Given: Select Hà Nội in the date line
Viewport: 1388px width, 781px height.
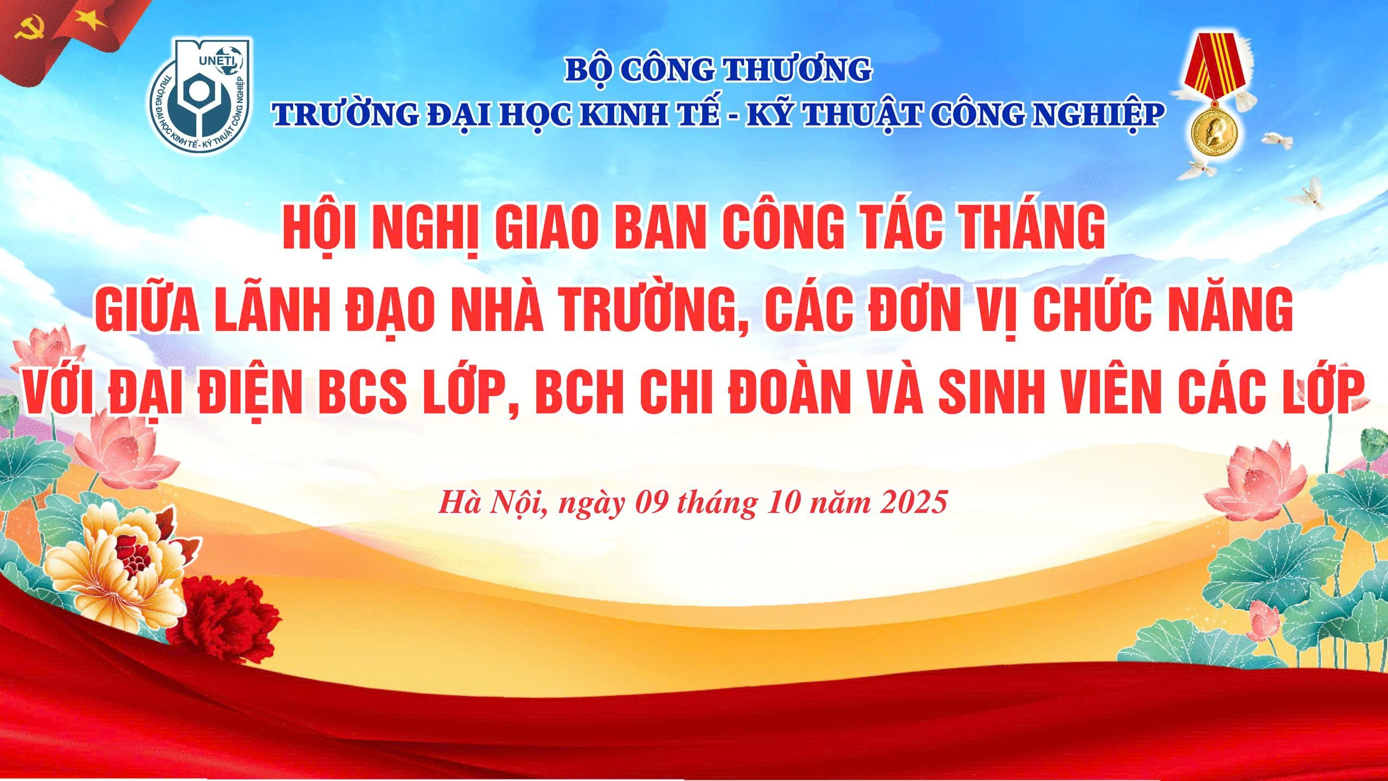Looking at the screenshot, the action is [492, 502].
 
